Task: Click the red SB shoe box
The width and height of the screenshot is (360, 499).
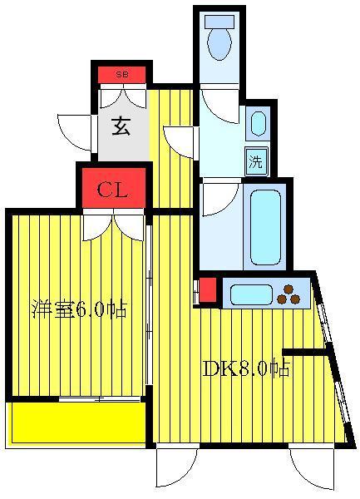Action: (x=121, y=75)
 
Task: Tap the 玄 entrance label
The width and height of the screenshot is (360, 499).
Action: (x=121, y=126)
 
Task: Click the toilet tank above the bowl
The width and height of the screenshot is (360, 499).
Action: (x=219, y=22)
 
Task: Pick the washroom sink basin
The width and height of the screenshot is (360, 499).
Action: (x=259, y=123)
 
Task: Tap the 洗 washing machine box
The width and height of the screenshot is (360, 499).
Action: (x=256, y=161)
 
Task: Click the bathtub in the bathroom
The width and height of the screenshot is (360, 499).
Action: (x=265, y=228)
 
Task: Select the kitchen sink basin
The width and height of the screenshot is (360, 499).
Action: (x=251, y=294)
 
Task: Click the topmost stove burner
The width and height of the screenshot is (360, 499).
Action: (x=288, y=289)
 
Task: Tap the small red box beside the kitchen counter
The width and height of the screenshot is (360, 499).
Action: (x=208, y=290)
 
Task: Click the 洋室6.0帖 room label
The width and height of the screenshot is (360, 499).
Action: (x=80, y=309)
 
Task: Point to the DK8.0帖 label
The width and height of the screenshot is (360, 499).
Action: (x=245, y=368)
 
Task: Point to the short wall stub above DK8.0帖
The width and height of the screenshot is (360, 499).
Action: (x=306, y=352)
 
